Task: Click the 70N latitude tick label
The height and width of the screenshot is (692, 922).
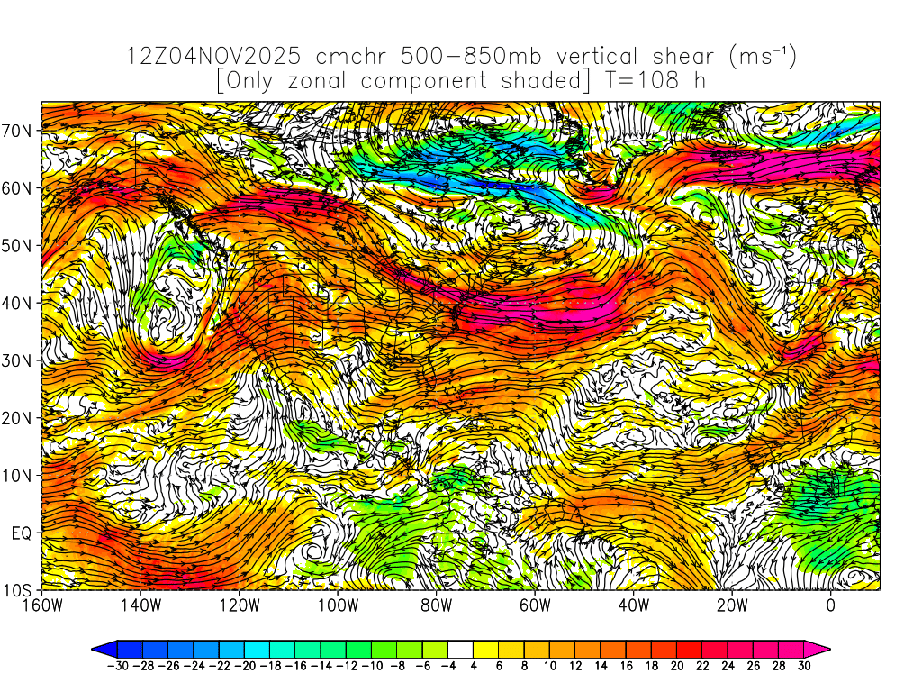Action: coord(18,130)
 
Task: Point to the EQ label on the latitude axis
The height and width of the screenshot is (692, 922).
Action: coord(22,533)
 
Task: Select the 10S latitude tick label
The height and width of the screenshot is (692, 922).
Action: coord(18,590)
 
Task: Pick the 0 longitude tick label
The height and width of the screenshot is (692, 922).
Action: coord(830,605)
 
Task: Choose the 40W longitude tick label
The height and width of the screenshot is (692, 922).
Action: coord(633,605)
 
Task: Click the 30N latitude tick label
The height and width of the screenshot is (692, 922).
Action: coord(18,360)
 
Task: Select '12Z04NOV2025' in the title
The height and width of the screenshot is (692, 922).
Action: coord(212,57)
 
